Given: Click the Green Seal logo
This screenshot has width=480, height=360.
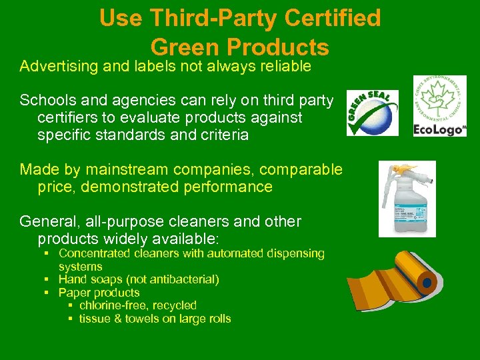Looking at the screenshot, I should tap(372, 113).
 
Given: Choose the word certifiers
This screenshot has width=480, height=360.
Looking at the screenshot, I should tap(73, 117).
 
